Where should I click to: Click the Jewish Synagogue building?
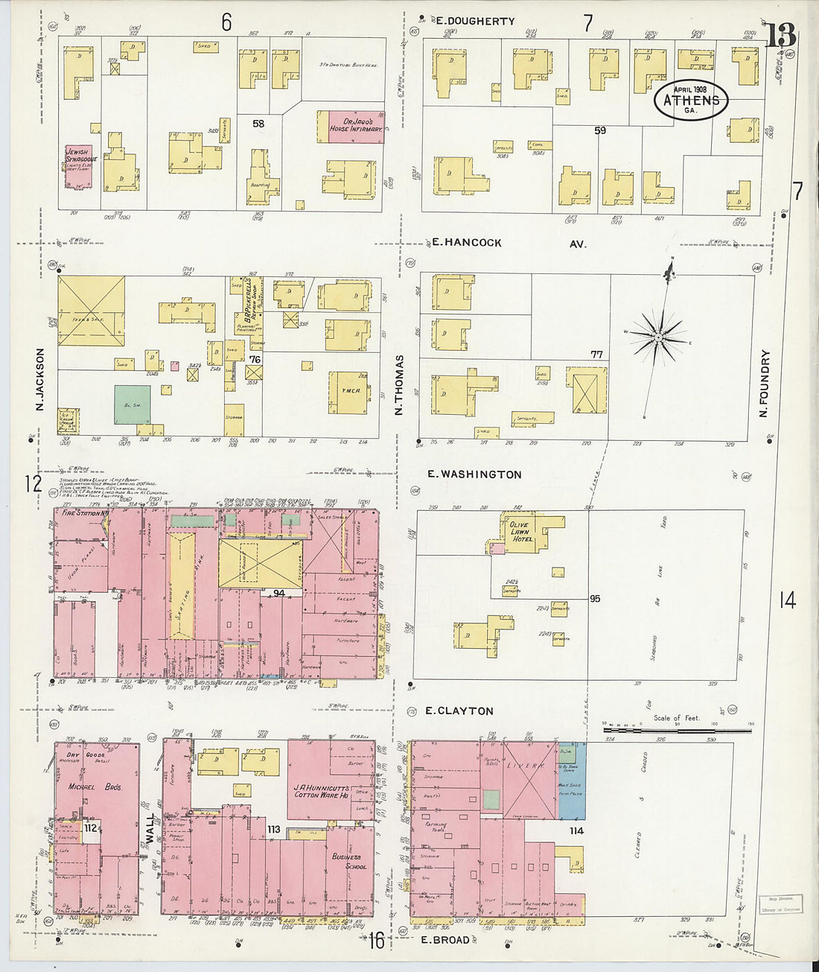78,166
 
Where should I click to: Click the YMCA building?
350,392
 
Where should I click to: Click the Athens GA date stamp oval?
690,100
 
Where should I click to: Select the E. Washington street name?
474,474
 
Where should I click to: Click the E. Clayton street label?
459,711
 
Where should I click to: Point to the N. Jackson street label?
40,379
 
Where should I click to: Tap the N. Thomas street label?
399,384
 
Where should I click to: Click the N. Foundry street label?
764,383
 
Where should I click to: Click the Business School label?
349,862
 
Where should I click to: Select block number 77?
596,355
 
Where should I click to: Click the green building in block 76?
132,404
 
